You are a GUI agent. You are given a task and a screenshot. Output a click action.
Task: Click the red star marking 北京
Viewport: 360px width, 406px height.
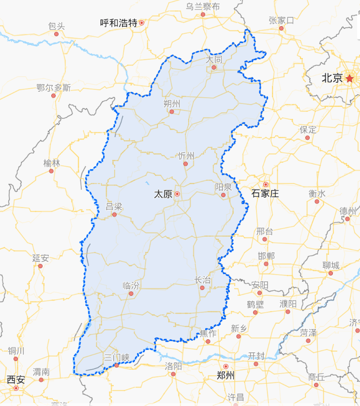(x=349, y=78)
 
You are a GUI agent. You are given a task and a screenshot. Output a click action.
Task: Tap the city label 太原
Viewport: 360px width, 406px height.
(x=163, y=194)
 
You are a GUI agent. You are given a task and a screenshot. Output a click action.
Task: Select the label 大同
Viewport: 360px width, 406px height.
(x=214, y=59)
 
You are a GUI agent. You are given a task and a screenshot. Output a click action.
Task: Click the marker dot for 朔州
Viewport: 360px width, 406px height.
(x=171, y=112)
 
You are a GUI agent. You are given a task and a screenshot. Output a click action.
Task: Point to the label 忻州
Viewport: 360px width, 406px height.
(x=186, y=156)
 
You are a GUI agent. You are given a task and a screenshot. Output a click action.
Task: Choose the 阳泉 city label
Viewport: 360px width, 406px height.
(x=223, y=187)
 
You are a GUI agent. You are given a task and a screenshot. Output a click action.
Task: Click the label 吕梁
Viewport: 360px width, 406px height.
(x=114, y=207)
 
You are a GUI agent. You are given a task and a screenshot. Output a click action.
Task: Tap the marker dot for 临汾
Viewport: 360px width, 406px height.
(x=131, y=293)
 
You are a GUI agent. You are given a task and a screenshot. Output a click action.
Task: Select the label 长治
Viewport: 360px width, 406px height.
(x=203, y=280)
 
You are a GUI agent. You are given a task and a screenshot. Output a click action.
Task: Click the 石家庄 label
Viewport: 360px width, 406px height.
(x=265, y=194)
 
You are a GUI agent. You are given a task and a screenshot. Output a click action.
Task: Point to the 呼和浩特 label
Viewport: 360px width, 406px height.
(x=118, y=23)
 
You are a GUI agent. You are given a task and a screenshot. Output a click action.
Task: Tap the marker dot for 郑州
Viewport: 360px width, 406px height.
(x=225, y=367)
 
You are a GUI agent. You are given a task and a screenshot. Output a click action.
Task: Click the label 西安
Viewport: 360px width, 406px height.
(x=15, y=379)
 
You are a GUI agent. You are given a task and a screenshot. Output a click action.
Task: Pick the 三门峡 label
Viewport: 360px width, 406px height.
(x=117, y=357)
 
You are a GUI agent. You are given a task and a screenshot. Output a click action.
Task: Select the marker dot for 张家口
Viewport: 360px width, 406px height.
(x=281, y=28)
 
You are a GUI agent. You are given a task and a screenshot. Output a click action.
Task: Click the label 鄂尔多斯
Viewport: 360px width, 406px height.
(x=53, y=87)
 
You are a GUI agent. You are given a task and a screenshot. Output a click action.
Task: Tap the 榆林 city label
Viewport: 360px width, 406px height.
(x=51, y=163)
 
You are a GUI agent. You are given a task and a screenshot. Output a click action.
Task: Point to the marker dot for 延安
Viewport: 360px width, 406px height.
(x=40, y=266)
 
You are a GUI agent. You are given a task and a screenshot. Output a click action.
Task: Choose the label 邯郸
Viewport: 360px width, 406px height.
(x=266, y=256)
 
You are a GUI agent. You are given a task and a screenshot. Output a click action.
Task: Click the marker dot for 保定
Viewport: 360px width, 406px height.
(x=307, y=138)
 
